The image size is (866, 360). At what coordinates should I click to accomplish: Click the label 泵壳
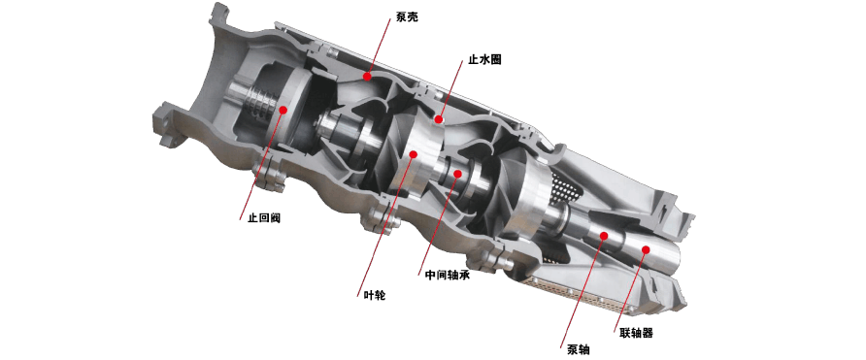coord(407,17)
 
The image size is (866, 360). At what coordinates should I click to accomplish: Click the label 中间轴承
coord(448,275)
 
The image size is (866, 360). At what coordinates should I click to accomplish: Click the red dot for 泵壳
coord(367,76)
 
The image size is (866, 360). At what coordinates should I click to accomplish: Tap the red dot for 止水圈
coord(439,117)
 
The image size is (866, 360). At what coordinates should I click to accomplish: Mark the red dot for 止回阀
coord(283,110)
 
